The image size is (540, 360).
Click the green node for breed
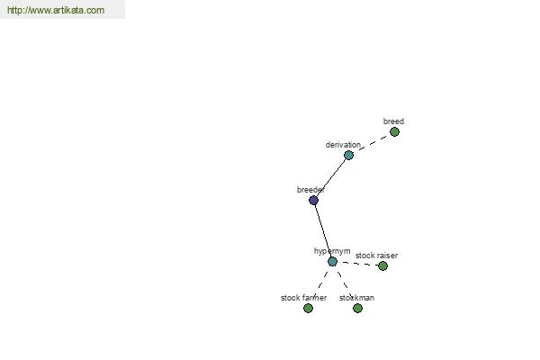[x=394, y=132]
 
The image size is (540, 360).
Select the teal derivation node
[x=348, y=156]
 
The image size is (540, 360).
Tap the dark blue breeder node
[x=313, y=200]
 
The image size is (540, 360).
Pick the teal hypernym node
[x=332, y=262]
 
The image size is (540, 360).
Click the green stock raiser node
[x=382, y=266]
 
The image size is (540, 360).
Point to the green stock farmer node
[x=308, y=309]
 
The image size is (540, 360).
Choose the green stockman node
[x=357, y=309]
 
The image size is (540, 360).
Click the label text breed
[x=393, y=121]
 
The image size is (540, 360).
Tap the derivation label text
[x=343, y=145]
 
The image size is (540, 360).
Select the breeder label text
[x=310, y=190]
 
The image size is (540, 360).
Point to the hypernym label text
[x=332, y=251]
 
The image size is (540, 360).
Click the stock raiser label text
[x=376, y=256]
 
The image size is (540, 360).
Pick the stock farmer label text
[x=303, y=298]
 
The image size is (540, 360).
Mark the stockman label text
[x=356, y=298]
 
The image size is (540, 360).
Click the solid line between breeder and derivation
[x=331, y=178]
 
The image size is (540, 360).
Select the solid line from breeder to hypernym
[x=323, y=230]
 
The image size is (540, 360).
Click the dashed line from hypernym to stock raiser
[x=357, y=263]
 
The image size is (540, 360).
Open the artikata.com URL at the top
[x=56, y=10]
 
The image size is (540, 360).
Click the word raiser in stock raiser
[x=387, y=256]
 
